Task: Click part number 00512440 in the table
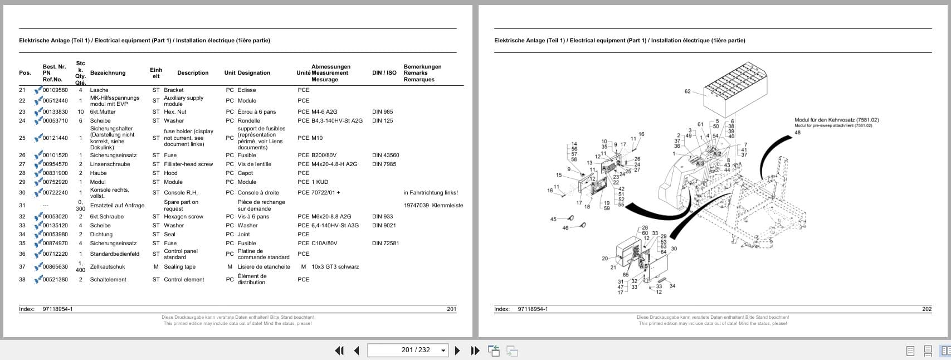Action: [x=55, y=101]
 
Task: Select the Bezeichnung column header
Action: [x=108, y=73]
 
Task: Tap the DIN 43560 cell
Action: [x=386, y=155]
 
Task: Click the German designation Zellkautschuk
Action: [x=108, y=267]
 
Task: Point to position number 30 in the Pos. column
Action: [x=22, y=193]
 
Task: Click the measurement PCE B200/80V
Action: [x=317, y=155]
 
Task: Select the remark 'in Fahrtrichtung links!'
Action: [x=431, y=193]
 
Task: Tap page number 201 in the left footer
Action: [x=451, y=309]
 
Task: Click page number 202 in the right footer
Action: [x=926, y=309]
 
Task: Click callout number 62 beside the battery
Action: [x=687, y=91]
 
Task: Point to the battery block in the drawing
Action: [x=735, y=89]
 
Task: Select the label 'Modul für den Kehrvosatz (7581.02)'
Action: [x=836, y=120]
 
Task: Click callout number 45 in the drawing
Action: [x=553, y=219]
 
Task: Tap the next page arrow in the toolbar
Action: [x=457, y=351]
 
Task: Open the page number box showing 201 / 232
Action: [x=416, y=350]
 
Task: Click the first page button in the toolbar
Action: [x=339, y=351]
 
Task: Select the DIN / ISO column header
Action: [x=384, y=73]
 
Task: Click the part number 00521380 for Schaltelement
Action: [x=55, y=280]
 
